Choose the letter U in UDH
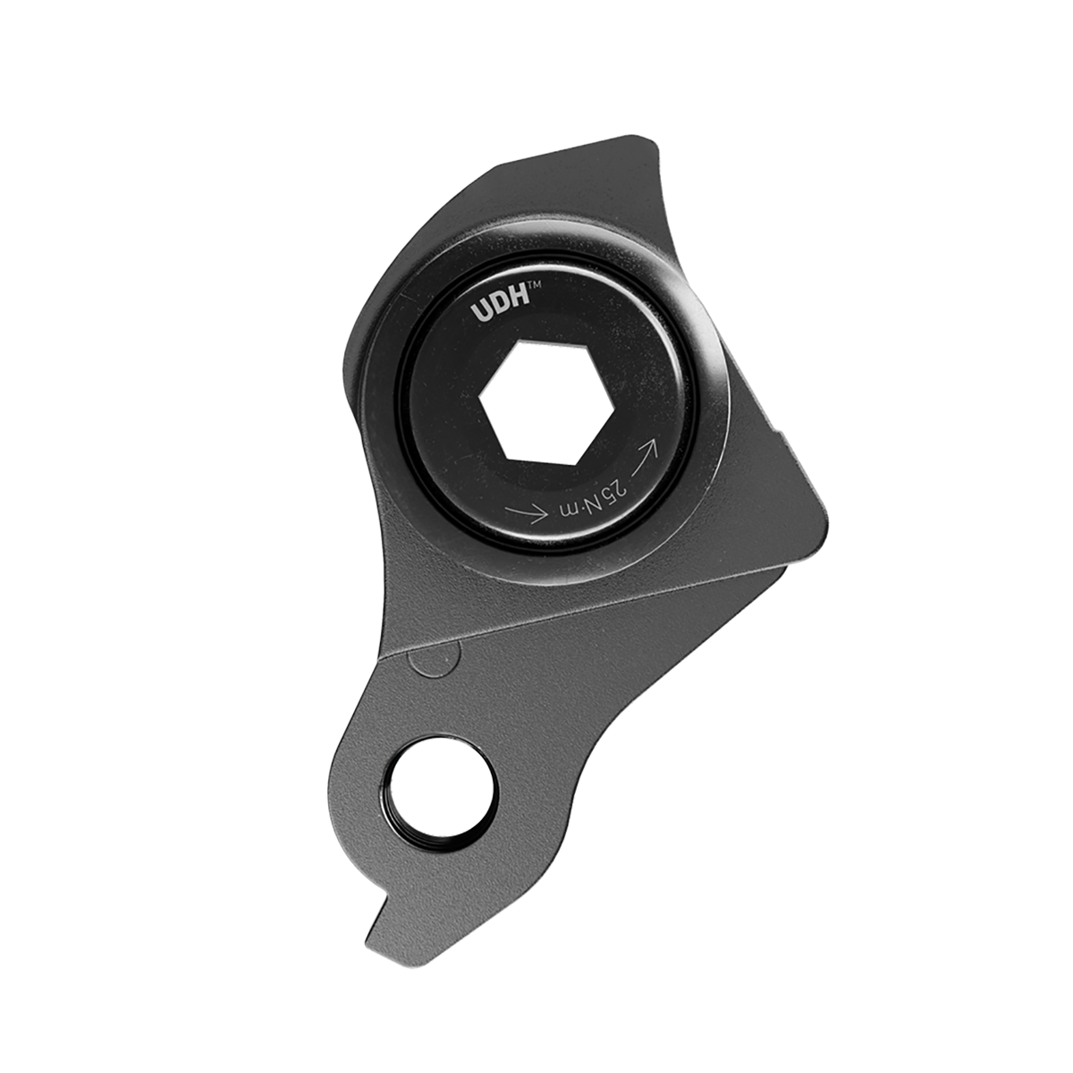click(480, 315)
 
